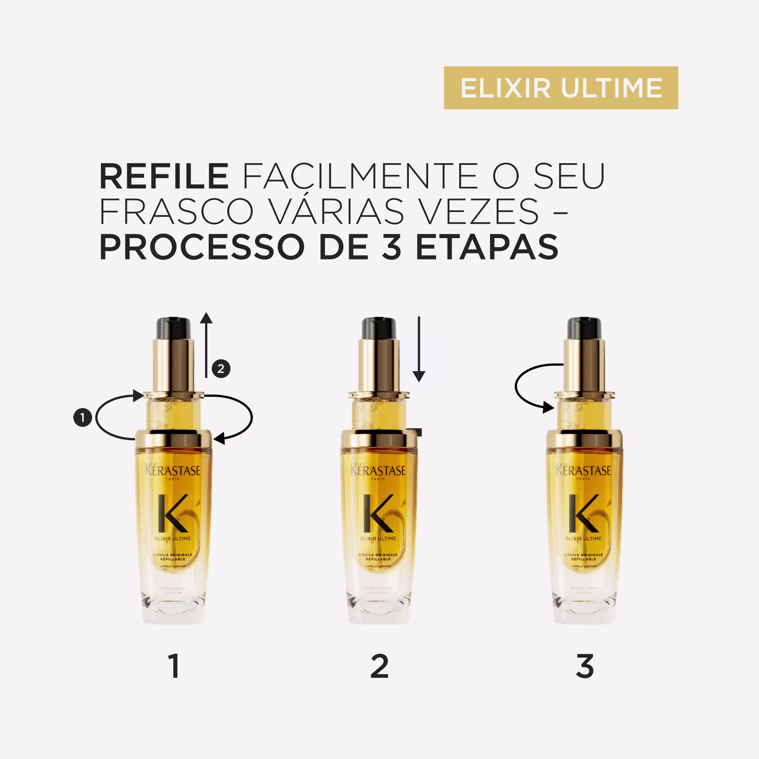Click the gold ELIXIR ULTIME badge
click(561, 88)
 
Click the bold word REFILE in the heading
click(164, 176)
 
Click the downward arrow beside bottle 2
click(419, 349)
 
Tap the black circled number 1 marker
click(83, 418)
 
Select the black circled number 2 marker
click(221, 369)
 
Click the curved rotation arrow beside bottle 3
click(529, 387)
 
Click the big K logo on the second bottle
click(378, 513)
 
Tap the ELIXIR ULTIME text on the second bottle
click(378, 538)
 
